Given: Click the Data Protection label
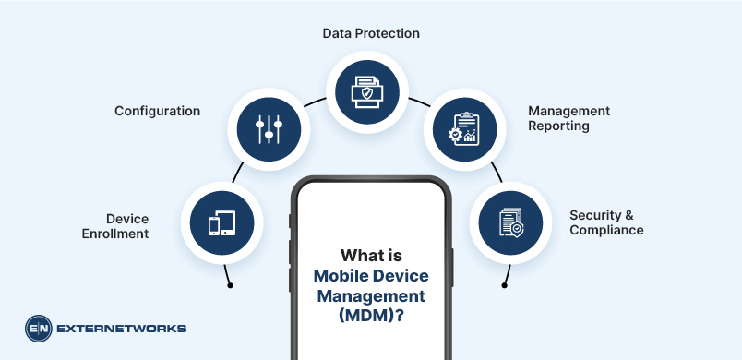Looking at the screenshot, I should click(x=371, y=33).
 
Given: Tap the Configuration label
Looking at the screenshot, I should click(x=157, y=111).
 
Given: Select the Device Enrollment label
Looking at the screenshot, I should click(x=127, y=226).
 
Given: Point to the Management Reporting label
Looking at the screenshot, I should click(x=568, y=118).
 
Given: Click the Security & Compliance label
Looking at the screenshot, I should click(x=606, y=222).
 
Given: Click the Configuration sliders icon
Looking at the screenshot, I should click(x=269, y=128).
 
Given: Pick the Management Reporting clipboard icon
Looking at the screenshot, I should click(x=463, y=128).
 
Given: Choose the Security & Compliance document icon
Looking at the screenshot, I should click(x=510, y=222).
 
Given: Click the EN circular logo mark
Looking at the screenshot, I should click(x=39, y=328).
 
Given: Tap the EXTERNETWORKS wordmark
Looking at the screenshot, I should click(x=122, y=328).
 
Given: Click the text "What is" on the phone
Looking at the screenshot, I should click(x=371, y=255).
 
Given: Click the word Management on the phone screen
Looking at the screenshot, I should click(x=371, y=295).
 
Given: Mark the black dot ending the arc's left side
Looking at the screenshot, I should click(x=230, y=285).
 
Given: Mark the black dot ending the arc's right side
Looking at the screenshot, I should click(x=504, y=285).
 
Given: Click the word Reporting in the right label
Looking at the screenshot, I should click(x=558, y=126).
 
